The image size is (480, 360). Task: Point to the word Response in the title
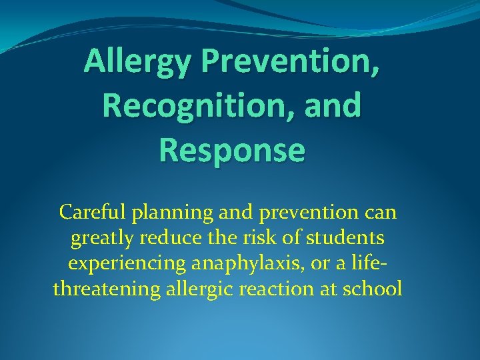coord(232,149)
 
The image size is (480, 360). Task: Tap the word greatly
coord(101,239)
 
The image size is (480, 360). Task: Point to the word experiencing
coord(128,264)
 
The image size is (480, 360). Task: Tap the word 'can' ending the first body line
coord(381,213)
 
